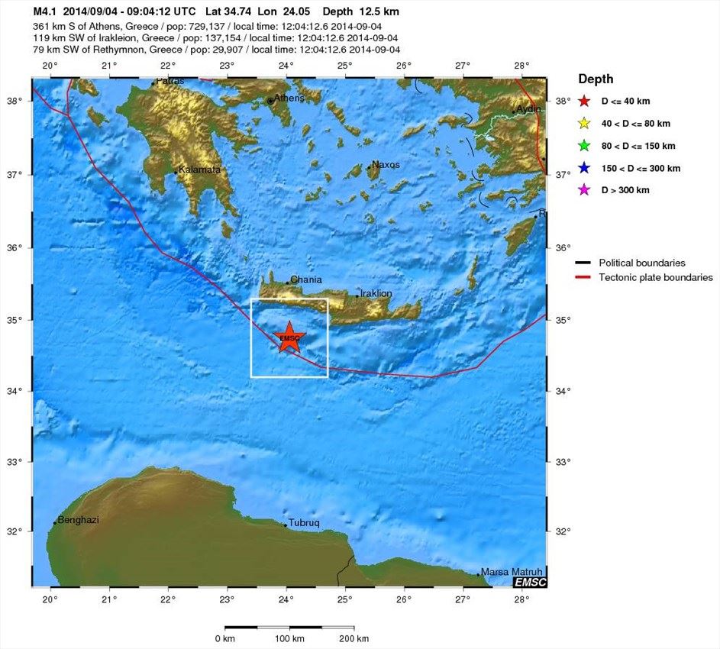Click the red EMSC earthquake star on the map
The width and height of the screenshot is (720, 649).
[289, 337]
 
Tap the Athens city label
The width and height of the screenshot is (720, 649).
[289, 98]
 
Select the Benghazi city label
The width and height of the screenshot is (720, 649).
[79, 519]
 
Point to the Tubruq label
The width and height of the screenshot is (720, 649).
[304, 523]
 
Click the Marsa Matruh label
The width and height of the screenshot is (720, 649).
[511, 571]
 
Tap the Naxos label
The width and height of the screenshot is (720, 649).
[386, 164]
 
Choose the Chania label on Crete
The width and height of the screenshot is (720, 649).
[306, 279]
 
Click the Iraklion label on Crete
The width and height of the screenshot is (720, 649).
[376, 293]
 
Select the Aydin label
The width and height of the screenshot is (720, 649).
[529, 109]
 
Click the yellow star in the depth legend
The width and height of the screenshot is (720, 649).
[585, 124]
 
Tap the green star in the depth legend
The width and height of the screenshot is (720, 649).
[585, 146]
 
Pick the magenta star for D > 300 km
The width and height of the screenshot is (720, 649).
[585, 190]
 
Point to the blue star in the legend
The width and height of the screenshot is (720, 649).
[585, 168]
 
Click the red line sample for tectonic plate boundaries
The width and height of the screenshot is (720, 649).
[584, 277]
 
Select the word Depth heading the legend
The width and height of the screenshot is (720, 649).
[596, 79]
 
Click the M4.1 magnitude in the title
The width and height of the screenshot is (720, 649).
[47, 12]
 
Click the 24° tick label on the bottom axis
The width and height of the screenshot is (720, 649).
[286, 599]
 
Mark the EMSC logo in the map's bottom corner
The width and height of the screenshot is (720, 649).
[530, 582]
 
